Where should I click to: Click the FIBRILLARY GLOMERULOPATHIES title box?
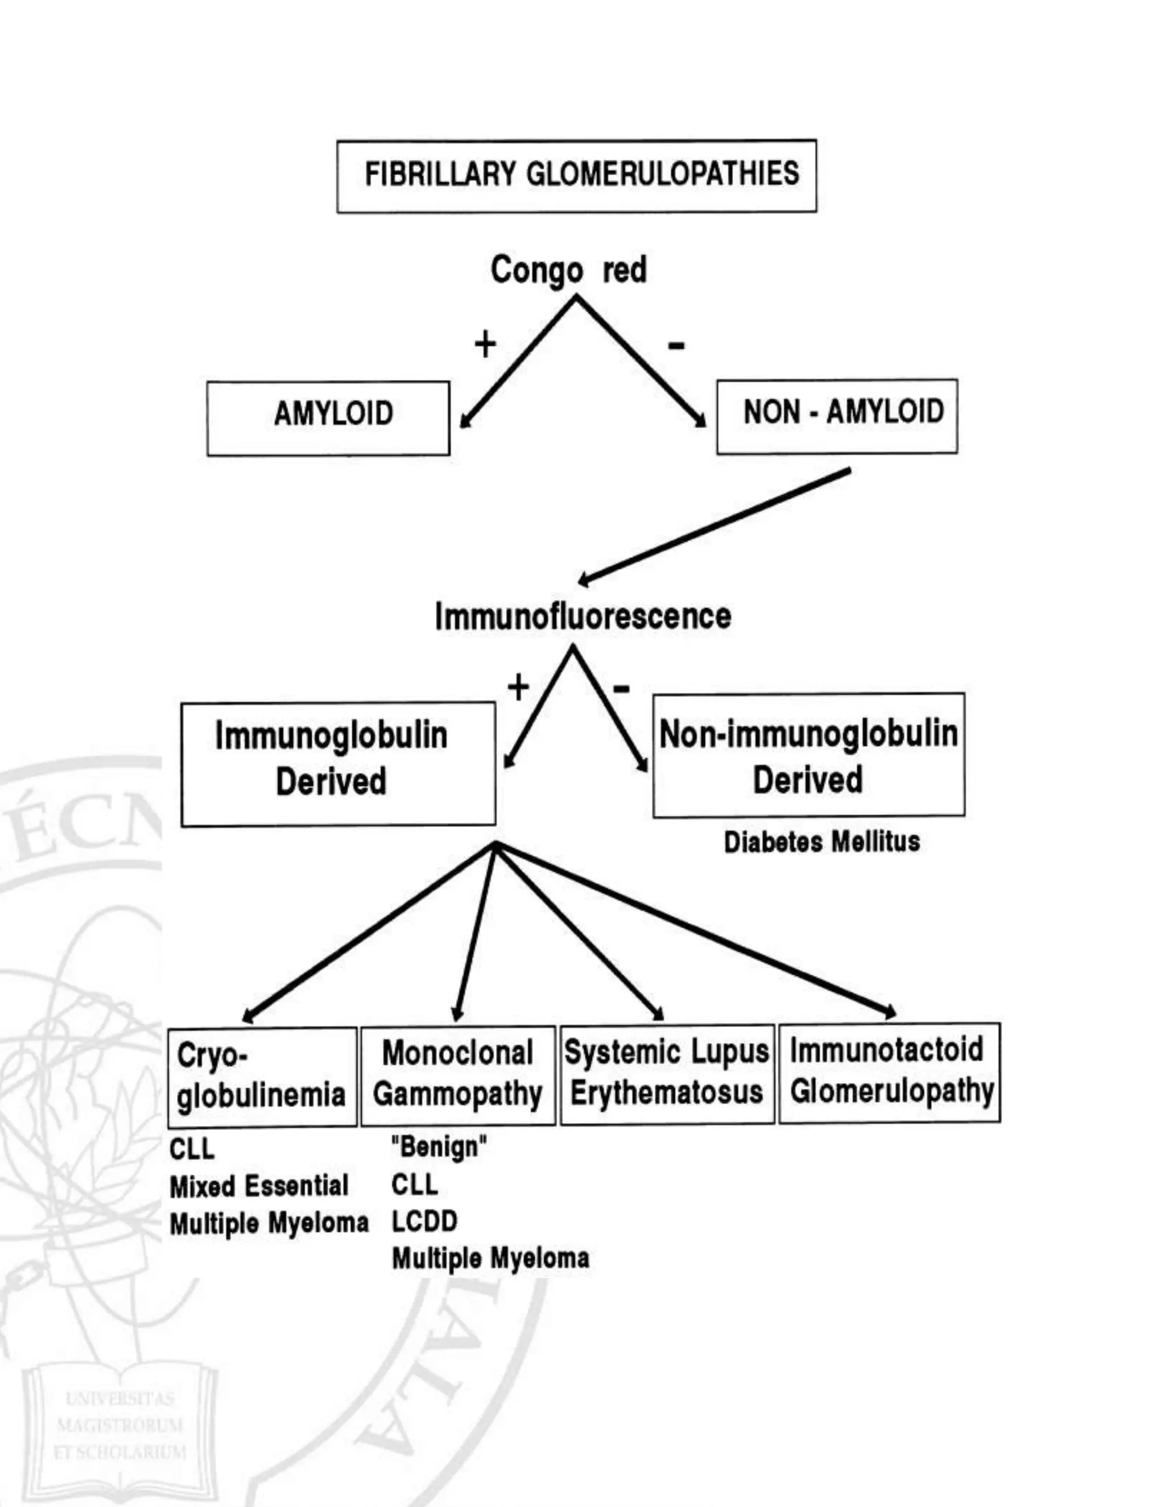click(576, 176)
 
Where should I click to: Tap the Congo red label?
click(568, 269)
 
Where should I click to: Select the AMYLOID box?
click(329, 417)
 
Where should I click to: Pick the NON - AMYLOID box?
click(836, 416)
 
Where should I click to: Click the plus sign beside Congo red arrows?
click(485, 343)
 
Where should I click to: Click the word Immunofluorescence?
click(582, 616)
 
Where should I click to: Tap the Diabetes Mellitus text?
click(821, 842)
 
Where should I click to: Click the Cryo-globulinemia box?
click(262, 1077)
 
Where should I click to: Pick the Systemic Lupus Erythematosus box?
click(666, 1074)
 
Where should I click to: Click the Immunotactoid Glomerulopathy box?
click(889, 1073)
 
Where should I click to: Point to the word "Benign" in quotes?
click(439, 1147)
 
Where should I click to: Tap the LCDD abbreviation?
click(424, 1222)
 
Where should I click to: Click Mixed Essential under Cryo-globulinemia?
click(259, 1186)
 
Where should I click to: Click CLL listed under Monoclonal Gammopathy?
click(414, 1185)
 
